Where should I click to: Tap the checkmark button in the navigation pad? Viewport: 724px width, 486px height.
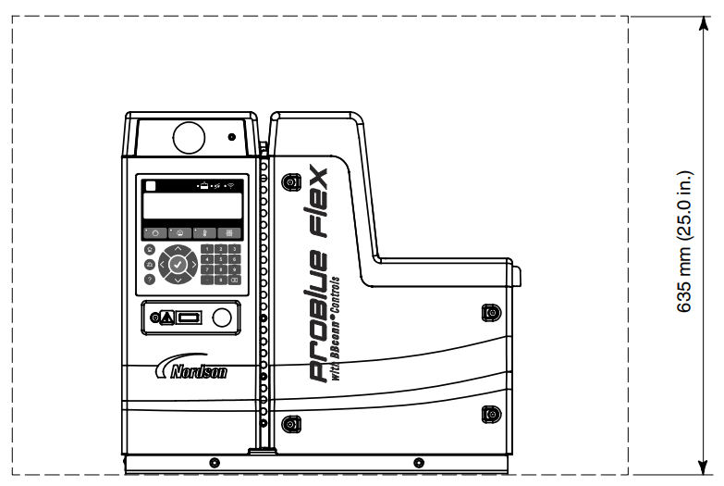click(178, 263)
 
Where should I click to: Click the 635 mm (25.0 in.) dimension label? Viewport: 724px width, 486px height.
click(685, 242)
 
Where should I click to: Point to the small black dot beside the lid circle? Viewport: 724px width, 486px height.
click(231, 137)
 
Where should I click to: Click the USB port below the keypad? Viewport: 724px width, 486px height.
click(189, 318)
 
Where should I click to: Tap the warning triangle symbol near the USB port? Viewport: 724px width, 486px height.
click(166, 318)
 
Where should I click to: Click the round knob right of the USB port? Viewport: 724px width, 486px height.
click(222, 318)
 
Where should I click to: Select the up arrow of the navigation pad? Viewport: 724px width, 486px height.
click(178, 248)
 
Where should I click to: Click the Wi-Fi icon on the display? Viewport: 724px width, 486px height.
click(231, 185)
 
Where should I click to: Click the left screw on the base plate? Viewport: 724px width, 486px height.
click(215, 461)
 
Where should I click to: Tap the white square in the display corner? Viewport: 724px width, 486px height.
click(150, 185)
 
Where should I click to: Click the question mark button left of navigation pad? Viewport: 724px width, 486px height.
click(150, 279)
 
